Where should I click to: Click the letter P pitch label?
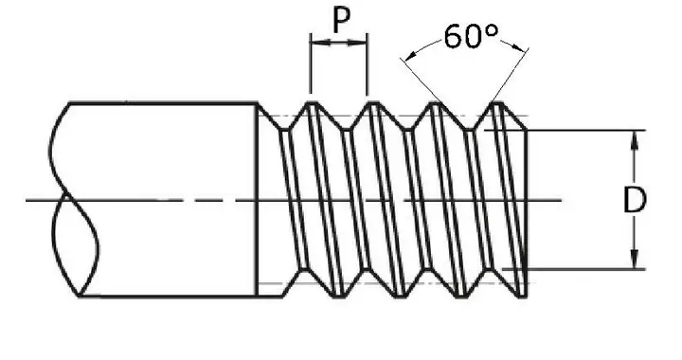341,20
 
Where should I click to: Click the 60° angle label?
471,36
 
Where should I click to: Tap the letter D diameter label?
635,200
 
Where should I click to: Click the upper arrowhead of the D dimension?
635,139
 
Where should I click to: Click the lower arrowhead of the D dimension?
635,260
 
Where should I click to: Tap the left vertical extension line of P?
310,63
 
